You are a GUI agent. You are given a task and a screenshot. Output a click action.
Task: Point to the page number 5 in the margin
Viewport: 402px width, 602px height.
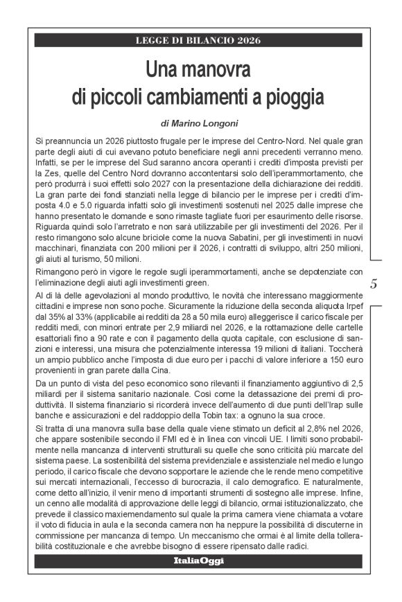tap(374, 284)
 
